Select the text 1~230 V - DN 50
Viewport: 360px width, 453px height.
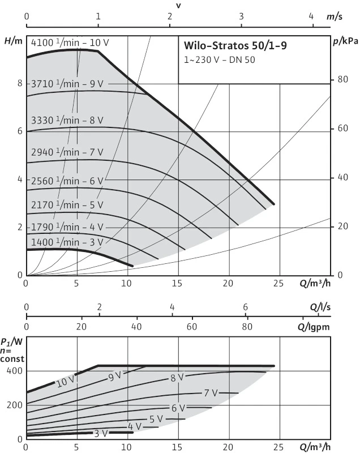coord(215,60)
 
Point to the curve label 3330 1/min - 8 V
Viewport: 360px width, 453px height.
coord(67,120)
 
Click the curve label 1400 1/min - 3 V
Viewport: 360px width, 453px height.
coord(67,242)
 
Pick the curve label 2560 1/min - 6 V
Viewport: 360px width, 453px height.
coord(67,181)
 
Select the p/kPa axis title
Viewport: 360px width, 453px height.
coord(345,40)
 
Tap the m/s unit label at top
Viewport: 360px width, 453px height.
coord(335,16)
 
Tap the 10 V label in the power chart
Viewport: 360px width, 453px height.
coord(65,383)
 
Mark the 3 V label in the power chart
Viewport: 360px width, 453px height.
coord(100,433)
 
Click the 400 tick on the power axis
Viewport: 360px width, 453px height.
coord(15,371)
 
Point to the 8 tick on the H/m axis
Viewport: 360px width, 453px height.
coord(19,83)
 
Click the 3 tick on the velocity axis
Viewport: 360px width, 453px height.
coord(241,16)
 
